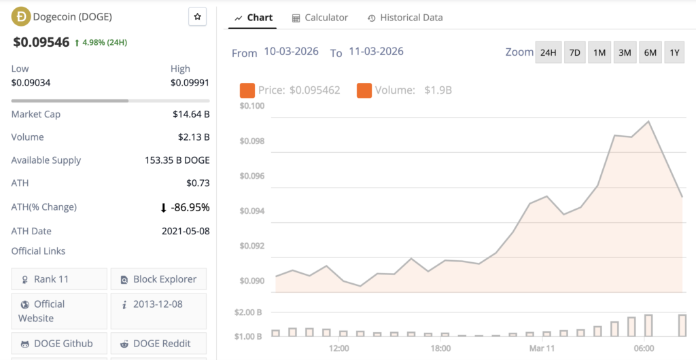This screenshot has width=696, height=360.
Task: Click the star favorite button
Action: coord(197,17)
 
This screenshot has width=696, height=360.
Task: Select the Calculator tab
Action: coord(319,18)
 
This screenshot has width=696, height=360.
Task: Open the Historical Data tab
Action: coord(405,18)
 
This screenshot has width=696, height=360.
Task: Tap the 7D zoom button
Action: coord(575,52)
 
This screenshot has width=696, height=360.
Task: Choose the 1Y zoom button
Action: coord(674,52)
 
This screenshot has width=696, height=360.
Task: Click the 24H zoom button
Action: coord(548,52)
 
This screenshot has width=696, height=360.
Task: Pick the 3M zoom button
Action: coord(625,52)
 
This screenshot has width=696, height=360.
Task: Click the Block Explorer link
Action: coord(158,279)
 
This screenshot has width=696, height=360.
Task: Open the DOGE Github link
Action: coord(59,343)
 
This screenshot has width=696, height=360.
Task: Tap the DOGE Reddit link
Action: coord(158,343)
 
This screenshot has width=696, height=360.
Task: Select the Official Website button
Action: coord(59,311)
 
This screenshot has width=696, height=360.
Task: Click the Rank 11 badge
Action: coord(59,279)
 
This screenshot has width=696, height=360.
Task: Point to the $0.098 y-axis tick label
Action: coord(251,141)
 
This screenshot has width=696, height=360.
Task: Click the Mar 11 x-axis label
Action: coord(542,348)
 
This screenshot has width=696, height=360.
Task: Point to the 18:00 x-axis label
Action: coord(440,348)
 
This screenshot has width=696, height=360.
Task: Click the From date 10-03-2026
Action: coord(291,52)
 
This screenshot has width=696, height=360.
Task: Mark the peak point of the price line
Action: coord(649,122)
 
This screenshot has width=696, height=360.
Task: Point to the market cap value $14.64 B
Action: coord(191,114)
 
